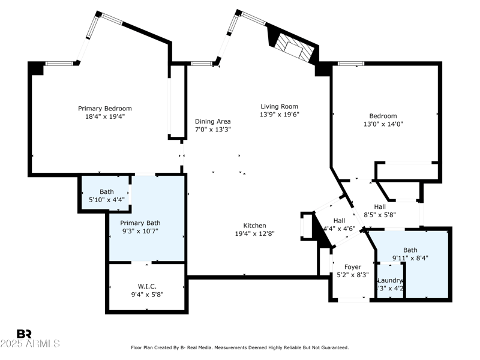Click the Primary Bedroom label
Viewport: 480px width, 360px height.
tap(104, 109)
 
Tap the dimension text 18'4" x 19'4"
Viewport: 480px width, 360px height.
tap(104, 117)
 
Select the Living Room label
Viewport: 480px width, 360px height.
tap(279, 106)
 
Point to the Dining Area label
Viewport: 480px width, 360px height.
tap(212, 121)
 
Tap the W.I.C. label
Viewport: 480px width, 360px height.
tap(146, 286)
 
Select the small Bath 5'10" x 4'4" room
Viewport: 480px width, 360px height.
tap(106, 196)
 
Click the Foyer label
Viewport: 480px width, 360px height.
tap(352, 267)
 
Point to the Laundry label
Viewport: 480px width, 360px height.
tap(389, 280)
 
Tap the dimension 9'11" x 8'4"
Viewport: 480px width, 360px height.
tap(411, 258)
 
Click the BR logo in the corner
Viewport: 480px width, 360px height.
tap(24, 334)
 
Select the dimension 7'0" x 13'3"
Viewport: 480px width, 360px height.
tap(212, 129)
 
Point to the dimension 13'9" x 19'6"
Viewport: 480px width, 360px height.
tap(279, 114)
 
